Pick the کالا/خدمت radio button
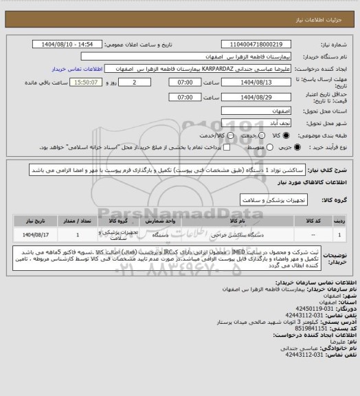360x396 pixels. [198, 134]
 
